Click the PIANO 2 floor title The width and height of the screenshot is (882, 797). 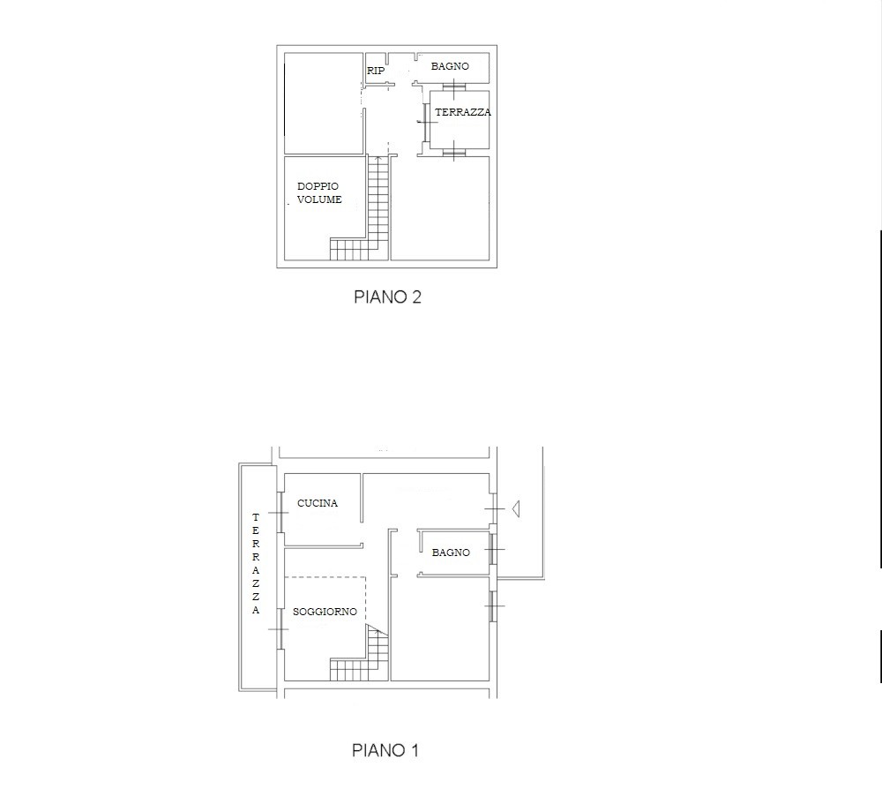pyautogui.click(x=387, y=297)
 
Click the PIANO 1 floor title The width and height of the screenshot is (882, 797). pyautogui.click(x=385, y=750)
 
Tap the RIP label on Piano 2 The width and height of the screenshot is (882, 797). pyautogui.click(x=376, y=71)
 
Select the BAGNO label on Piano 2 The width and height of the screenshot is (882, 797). pyautogui.click(x=450, y=66)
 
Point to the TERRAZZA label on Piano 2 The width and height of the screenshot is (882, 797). pyautogui.click(x=463, y=112)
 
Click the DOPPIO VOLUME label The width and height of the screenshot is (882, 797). pyautogui.click(x=319, y=192)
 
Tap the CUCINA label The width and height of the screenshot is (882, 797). pyautogui.click(x=318, y=503)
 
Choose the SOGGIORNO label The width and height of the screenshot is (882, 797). pyautogui.click(x=325, y=612)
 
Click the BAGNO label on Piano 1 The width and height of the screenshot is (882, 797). pyautogui.click(x=451, y=553)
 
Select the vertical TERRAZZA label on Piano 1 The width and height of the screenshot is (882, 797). pyautogui.click(x=256, y=563)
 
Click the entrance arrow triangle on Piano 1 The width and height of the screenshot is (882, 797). pyautogui.click(x=515, y=509)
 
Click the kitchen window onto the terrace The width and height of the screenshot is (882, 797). pyautogui.click(x=279, y=512)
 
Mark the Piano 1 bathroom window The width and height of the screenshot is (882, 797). pyautogui.click(x=492, y=549)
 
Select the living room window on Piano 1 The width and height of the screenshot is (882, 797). pyautogui.click(x=279, y=628)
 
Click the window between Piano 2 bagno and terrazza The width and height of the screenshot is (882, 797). pyautogui.click(x=453, y=87)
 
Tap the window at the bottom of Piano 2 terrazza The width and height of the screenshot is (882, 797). pyautogui.click(x=453, y=152)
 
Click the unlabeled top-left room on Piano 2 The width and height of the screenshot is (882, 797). pyautogui.click(x=324, y=103)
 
